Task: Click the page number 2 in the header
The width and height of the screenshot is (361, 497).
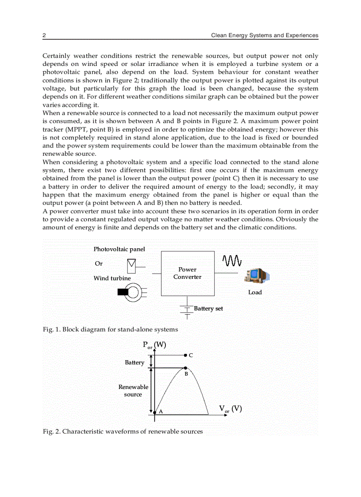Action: (44, 35)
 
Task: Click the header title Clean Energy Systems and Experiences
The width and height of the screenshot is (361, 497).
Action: (265, 35)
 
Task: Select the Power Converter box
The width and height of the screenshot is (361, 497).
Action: (187, 274)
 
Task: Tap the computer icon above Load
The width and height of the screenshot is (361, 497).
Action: (257, 276)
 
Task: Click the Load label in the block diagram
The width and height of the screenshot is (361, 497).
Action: (255, 293)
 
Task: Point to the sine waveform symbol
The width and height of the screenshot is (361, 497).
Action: (232, 261)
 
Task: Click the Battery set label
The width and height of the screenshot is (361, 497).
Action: (208, 309)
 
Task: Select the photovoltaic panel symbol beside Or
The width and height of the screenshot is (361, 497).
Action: (131, 266)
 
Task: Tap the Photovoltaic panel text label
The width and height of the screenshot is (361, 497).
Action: (119, 250)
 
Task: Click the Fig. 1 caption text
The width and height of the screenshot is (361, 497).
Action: (110, 329)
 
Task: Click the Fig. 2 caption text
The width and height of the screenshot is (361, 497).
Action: (123, 432)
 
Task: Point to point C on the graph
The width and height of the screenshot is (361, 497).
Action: (185, 355)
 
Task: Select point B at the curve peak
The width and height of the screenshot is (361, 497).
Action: (185, 368)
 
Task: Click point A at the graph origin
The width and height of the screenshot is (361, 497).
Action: (155, 412)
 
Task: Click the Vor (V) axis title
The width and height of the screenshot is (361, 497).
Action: (230, 409)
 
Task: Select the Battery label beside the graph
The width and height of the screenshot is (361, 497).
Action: (134, 362)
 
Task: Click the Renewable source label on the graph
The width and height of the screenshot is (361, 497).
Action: (133, 391)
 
